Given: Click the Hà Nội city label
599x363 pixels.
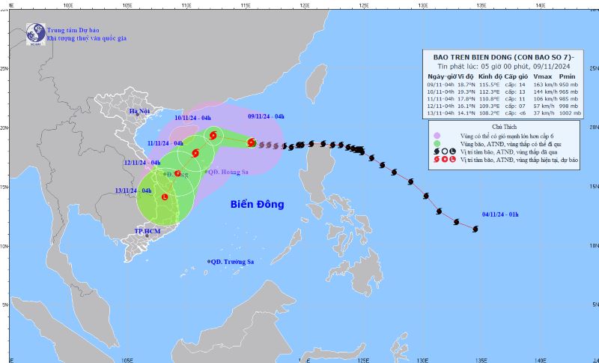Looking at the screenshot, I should [140, 112].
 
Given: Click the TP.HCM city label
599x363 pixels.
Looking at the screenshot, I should [148, 232].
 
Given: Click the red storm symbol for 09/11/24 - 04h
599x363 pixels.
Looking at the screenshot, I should [252, 142].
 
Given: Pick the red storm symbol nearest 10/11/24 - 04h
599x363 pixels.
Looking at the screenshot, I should [213, 135].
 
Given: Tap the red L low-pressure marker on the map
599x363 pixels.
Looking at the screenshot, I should [165, 197].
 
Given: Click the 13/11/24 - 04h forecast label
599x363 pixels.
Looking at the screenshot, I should [138, 191].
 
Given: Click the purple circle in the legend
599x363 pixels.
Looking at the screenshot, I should [437, 134].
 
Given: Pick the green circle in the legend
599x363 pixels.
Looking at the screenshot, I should [437, 142].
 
